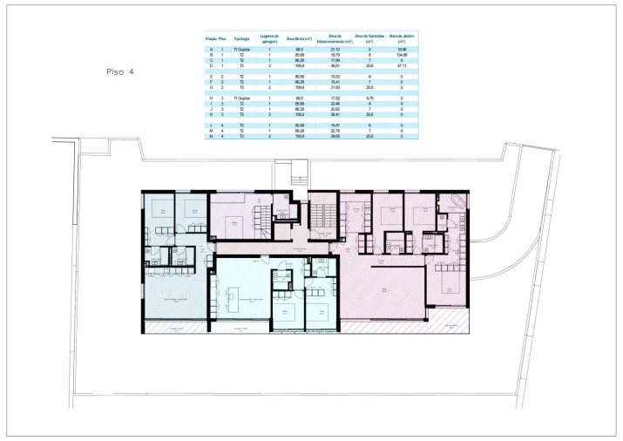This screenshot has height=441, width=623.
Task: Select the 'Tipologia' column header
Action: pos(243,39)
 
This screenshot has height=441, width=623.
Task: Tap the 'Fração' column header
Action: pos(210,39)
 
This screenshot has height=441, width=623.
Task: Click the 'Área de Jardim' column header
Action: pos(401,39)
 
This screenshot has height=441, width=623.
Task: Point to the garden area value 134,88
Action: pos(401,55)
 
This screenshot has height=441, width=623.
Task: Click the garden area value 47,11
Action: pos(401,65)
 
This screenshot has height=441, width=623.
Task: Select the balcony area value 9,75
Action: pos(369,98)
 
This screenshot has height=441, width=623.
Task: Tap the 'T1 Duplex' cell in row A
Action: pos(243,50)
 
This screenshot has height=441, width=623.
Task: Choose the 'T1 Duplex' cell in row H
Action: pos(243,98)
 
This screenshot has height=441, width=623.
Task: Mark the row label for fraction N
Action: pos(210,136)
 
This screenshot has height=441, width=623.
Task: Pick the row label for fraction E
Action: pos(210,77)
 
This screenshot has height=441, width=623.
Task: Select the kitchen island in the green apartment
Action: pos(234,303)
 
